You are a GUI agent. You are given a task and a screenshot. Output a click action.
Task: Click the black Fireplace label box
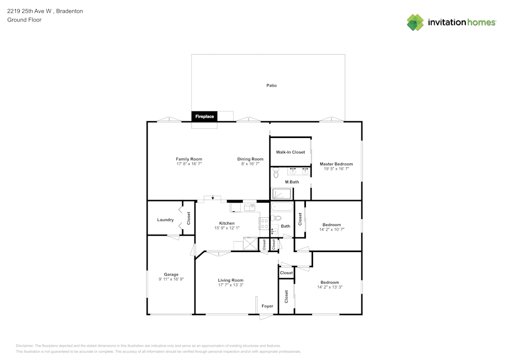(205, 117)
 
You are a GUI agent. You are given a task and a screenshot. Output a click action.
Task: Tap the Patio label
(272, 86)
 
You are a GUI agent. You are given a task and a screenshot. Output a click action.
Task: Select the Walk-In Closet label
(291, 152)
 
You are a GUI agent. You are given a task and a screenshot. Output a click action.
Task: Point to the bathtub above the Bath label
(282, 207)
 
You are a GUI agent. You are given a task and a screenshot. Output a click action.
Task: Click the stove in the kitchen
(264, 223)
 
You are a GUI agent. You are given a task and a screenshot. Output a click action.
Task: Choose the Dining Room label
(250, 159)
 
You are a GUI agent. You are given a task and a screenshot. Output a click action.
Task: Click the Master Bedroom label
(336, 164)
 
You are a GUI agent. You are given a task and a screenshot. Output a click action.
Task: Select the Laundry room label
(165, 220)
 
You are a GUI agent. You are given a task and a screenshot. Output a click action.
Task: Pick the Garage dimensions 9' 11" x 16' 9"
(171, 279)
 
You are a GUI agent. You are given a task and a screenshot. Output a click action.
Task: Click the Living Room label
(231, 280)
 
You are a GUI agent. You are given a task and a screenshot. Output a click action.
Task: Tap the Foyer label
(267, 306)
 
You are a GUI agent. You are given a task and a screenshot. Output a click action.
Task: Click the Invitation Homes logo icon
(415, 22)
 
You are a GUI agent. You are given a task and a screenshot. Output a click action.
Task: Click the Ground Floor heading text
(24, 20)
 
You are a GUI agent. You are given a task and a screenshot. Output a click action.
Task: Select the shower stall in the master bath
(281, 194)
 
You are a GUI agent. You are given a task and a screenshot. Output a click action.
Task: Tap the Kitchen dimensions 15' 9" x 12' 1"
(227, 228)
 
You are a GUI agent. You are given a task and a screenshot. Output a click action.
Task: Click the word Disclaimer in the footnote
(25, 345)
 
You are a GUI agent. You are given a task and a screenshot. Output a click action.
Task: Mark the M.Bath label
(292, 182)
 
